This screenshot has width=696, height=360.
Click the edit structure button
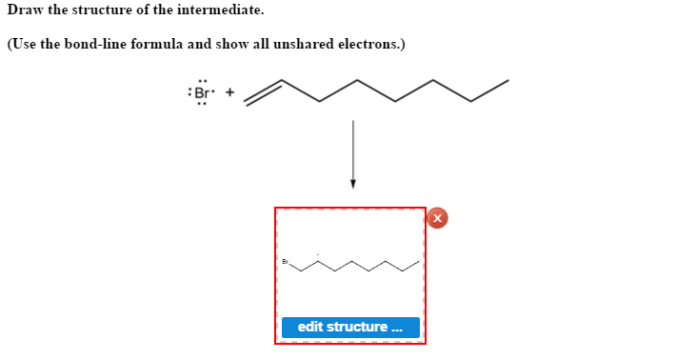[350, 327]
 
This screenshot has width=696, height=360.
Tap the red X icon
[437, 218]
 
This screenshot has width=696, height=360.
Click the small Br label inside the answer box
[285, 261]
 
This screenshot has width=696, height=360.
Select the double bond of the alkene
[264, 90]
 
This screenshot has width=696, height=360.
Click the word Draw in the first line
[24, 10]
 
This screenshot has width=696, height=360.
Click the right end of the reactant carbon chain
[507, 80]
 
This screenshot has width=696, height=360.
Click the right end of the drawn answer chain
[420, 261]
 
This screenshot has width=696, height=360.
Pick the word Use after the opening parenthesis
[25, 45]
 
